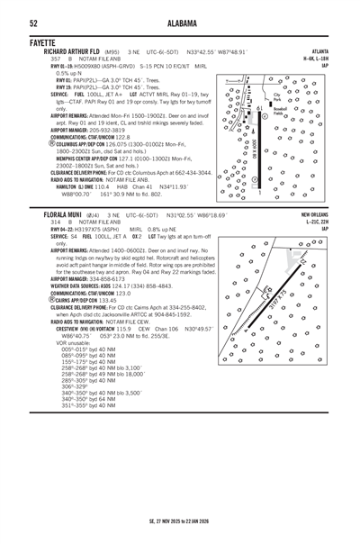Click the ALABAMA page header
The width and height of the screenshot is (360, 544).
[x=180, y=23]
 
